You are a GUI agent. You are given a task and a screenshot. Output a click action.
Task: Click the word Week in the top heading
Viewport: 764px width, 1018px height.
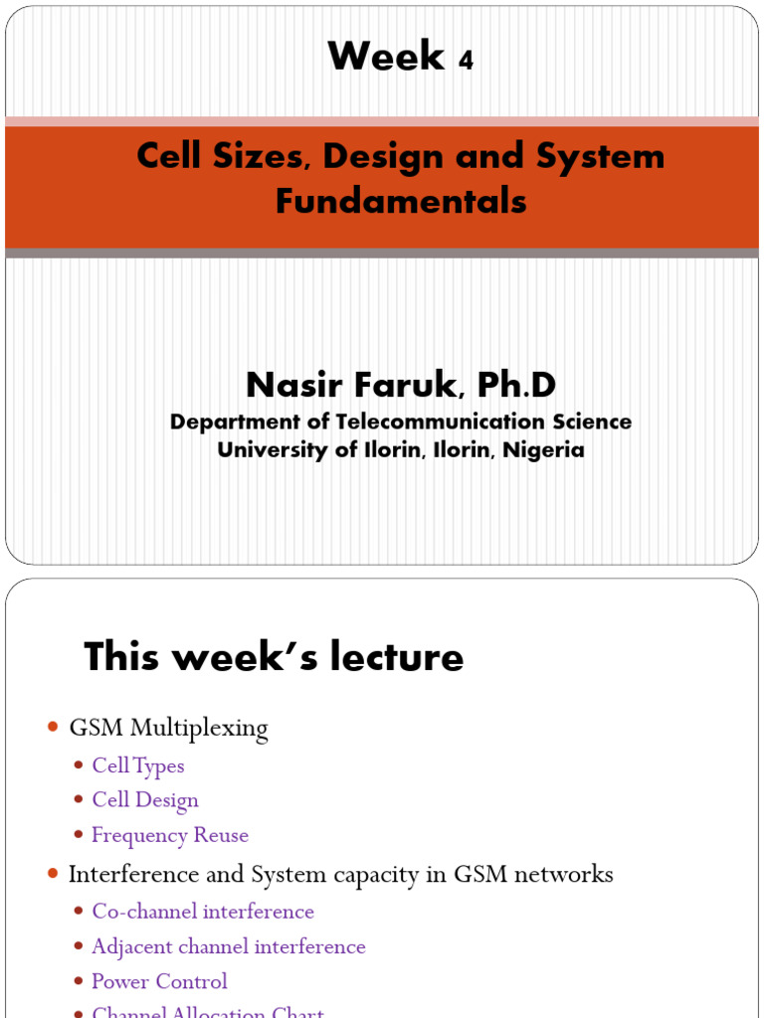click(x=386, y=57)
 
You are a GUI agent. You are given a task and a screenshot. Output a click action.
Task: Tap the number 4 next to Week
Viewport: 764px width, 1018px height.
click(x=466, y=62)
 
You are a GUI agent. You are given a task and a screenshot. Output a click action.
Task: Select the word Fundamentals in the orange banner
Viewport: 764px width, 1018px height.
click(x=401, y=201)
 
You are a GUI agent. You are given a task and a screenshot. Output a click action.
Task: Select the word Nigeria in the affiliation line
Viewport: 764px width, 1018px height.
click(x=543, y=449)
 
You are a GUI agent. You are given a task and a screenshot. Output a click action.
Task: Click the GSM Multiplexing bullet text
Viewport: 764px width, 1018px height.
click(x=168, y=729)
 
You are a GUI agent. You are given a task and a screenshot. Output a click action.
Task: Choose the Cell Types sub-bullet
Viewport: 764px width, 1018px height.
click(x=138, y=765)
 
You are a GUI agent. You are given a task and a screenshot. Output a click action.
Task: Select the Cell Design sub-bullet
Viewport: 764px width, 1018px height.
click(x=145, y=800)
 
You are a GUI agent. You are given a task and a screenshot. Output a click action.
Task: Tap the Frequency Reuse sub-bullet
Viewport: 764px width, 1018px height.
click(x=170, y=835)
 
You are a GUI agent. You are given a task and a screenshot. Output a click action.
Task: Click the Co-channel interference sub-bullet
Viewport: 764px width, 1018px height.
click(x=203, y=911)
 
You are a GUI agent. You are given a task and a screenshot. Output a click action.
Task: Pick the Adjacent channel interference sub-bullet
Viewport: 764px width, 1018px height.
click(x=229, y=946)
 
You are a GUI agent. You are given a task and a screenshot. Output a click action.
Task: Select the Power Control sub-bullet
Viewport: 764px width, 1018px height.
click(x=159, y=981)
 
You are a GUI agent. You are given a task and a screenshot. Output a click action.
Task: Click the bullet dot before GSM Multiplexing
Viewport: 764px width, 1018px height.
click(x=54, y=729)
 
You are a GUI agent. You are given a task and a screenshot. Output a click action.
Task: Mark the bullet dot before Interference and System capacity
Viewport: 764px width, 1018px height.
click(x=54, y=874)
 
